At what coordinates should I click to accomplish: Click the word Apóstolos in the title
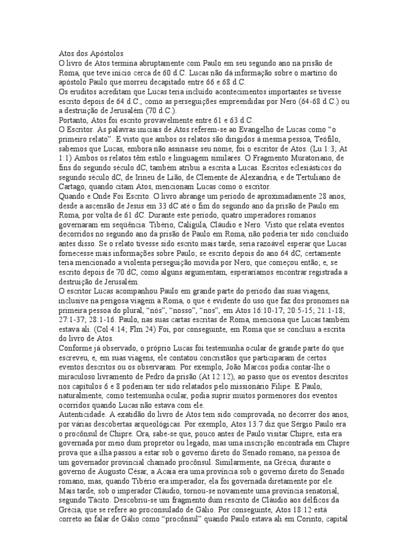pyautogui.click(x=105, y=53)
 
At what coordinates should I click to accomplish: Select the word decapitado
pyautogui.click(x=161, y=82)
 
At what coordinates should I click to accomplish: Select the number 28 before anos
pyautogui.click(x=321, y=197)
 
